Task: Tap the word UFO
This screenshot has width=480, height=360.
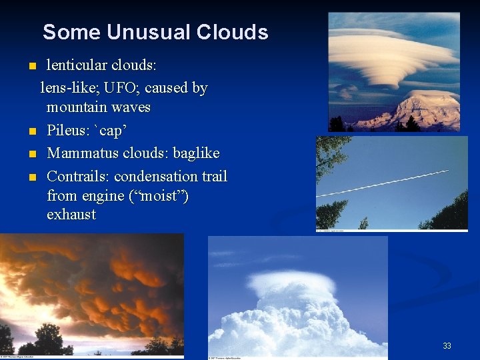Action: (x=121, y=88)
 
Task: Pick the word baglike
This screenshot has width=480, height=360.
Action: (x=196, y=153)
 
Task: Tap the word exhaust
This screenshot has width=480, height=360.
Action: (x=71, y=215)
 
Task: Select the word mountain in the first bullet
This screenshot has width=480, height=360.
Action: (x=75, y=107)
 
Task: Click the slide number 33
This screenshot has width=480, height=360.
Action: (x=447, y=346)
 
